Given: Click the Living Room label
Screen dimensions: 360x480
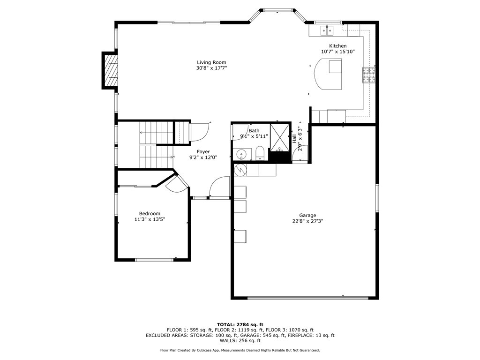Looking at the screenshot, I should [211, 62].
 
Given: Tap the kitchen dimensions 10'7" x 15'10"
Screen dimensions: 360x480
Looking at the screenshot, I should [337, 52].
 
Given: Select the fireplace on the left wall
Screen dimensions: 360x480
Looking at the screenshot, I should [111, 70].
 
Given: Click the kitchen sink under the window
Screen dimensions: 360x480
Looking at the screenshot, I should [327, 30].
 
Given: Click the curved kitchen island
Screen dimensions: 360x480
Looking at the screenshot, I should [327, 74].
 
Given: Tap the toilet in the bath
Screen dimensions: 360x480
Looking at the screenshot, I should [259, 153].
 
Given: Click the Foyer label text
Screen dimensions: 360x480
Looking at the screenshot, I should [203, 151].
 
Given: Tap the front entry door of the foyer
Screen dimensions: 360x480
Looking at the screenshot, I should [218, 187].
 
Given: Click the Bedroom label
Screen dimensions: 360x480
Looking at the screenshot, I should [150, 213].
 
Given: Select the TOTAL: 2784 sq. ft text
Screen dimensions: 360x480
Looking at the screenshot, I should [240, 324].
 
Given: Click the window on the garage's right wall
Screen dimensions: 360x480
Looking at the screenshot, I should [376, 198].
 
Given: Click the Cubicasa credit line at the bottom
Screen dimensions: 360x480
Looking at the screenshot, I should [240, 350].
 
